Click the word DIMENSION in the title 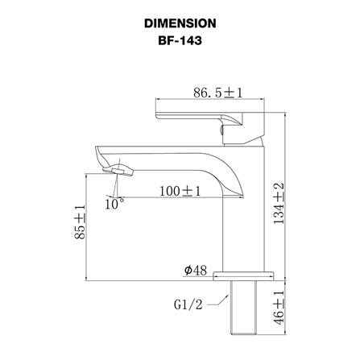[180, 23]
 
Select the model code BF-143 [180, 40]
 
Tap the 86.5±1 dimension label [217, 93]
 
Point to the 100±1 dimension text [180, 192]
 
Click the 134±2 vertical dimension [279, 204]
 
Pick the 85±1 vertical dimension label [80, 221]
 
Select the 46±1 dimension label [279, 308]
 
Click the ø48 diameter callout [196, 271]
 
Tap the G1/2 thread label [188, 304]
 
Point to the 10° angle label [114, 204]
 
